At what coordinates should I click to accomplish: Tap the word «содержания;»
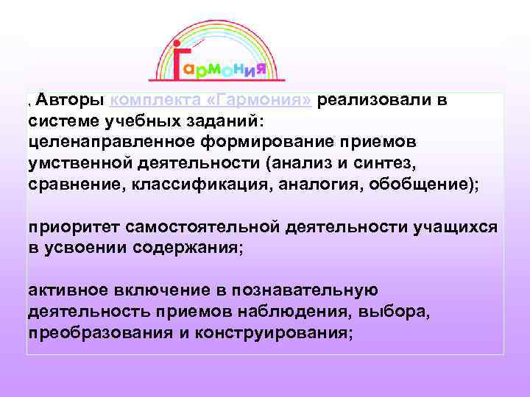click(x=187, y=248)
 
